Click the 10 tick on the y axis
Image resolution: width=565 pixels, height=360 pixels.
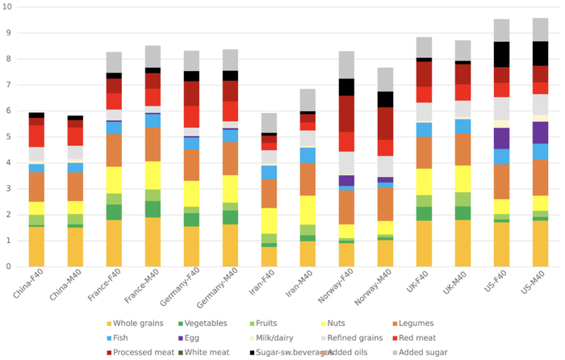coord(8,7)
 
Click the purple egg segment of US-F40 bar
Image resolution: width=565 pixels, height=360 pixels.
coord(501,138)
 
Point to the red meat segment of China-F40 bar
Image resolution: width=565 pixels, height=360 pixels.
coord(36,136)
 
